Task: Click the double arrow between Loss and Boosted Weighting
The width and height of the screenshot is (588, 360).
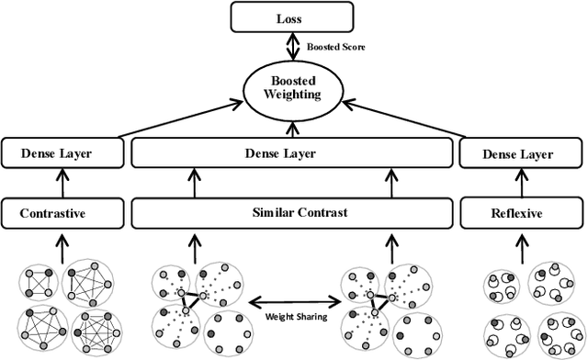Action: tap(292, 47)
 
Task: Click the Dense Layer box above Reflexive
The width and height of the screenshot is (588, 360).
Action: tap(522, 153)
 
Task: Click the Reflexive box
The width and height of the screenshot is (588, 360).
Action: tap(522, 213)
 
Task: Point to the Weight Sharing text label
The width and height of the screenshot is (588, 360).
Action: tap(290, 317)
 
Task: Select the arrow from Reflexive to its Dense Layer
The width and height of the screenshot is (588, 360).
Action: tap(522, 184)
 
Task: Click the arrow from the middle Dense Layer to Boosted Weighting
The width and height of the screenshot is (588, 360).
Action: tap(292, 128)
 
